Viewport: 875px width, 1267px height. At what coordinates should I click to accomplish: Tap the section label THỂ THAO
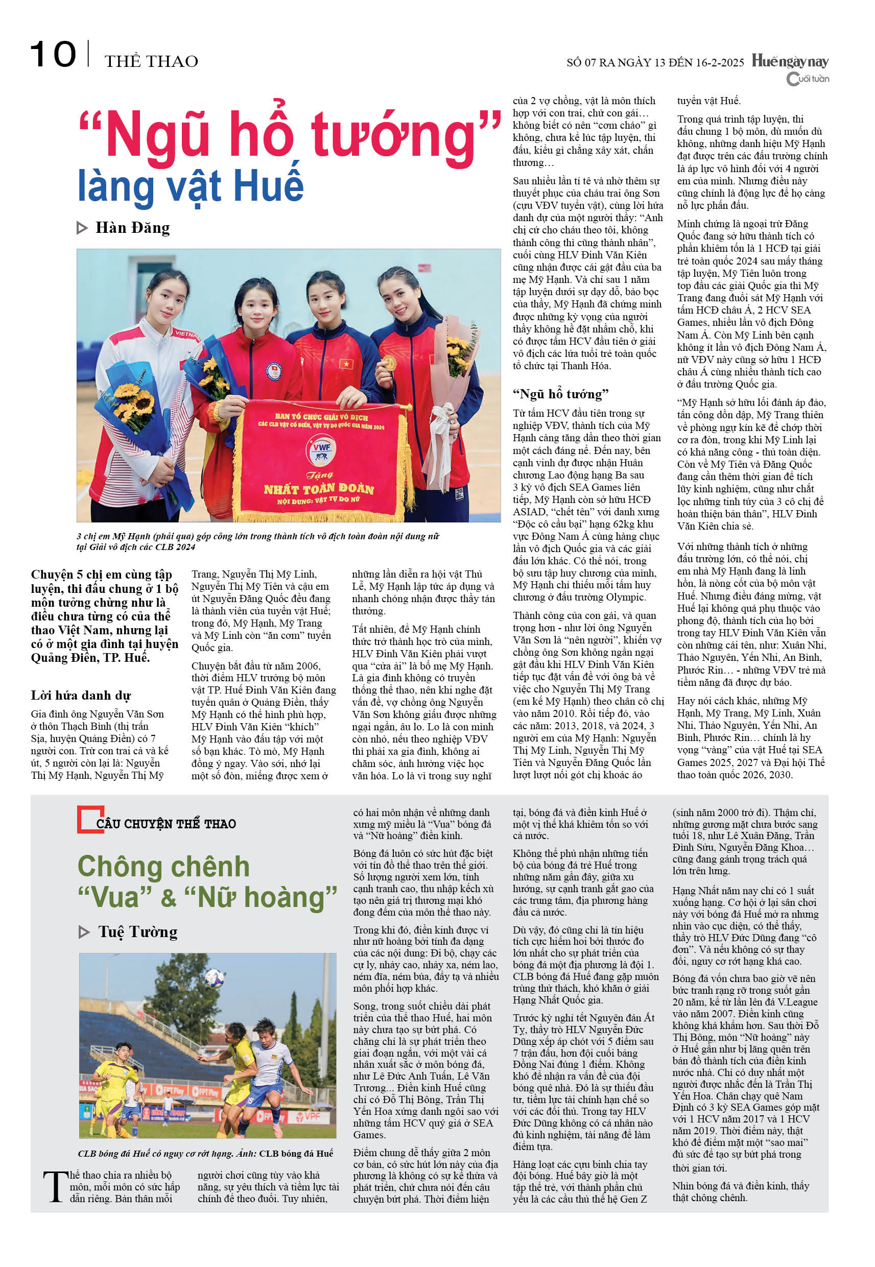tap(151, 61)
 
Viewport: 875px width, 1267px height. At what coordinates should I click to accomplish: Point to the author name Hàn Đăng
tap(133, 227)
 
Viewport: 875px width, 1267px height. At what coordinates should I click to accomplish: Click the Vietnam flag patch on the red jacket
tap(346, 363)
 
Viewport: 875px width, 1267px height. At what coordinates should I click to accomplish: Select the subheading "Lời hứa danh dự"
tap(81, 696)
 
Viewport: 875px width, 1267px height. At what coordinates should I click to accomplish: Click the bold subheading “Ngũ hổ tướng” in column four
tap(560, 394)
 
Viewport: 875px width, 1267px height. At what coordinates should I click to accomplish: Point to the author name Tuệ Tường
tap(137, 931)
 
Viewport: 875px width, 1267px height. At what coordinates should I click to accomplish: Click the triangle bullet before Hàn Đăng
tap(82, 228)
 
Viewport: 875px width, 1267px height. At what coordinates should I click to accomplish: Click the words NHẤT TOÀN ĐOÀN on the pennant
tap(319, 488)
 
